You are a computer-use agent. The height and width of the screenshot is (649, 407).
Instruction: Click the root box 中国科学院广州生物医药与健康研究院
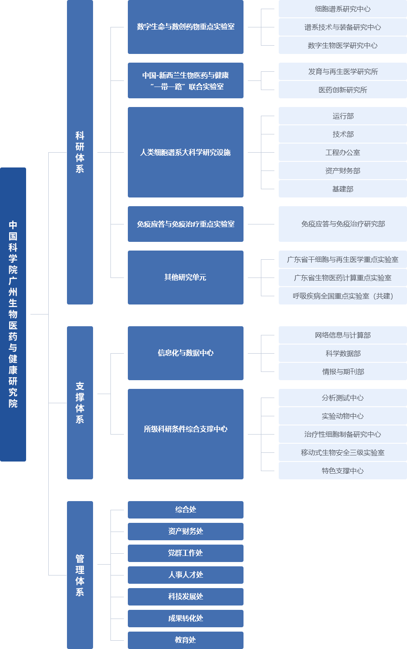(x=13, y=314)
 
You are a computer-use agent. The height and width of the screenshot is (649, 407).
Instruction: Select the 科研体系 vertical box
(x=80, y=152)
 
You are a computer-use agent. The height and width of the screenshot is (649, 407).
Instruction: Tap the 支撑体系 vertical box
(x=80, y=403)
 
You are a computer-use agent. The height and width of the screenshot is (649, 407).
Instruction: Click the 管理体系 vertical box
(x=80, y=575)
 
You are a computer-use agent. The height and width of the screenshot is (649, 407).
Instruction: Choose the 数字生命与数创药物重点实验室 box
(x=185, y=27)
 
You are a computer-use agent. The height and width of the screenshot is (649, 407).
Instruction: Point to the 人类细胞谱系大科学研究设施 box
(x=185, y=152)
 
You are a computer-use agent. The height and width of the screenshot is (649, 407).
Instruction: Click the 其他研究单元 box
(x=185, y=277)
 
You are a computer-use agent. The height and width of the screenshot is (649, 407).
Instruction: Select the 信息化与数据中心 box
(x=185, y=353)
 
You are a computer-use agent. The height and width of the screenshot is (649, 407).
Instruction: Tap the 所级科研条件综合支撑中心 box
(x=185, y=434)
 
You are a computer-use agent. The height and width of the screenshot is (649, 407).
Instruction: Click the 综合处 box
(x=185, y=510)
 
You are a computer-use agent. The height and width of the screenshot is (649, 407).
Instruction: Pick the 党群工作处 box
(x=185, y=553)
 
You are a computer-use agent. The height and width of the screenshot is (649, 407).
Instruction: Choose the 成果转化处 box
(x=185, y=618)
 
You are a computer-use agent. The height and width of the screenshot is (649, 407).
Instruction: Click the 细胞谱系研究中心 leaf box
(x=343, y=9)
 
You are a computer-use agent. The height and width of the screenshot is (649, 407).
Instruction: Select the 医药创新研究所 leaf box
(x=343, y=90)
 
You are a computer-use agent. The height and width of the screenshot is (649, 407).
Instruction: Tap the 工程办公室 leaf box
(x=343, y=152)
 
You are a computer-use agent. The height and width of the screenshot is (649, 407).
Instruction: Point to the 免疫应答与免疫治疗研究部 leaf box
(x=343, y=224)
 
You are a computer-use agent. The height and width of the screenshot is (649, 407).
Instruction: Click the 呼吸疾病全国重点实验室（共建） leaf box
(x=343, y=296)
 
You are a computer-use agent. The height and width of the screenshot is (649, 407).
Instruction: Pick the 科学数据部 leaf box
(x=343, y=353)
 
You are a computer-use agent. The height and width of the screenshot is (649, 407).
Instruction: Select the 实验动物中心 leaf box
(x=343, y=416)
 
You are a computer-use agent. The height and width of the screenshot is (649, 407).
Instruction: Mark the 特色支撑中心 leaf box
(x=343, y=471)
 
